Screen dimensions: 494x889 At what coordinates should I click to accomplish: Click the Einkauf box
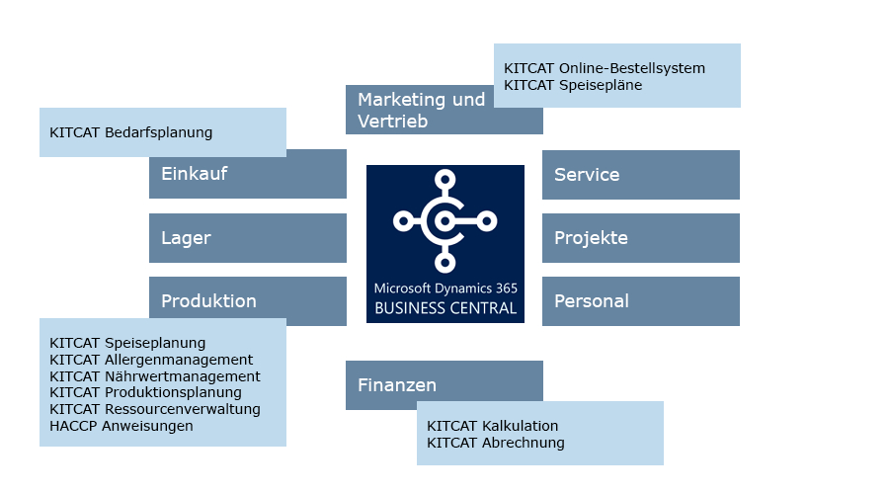click(247, 175)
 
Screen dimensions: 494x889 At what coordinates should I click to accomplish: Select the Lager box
click(247, 238)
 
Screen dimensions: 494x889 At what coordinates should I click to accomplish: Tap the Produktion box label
click(208, 301)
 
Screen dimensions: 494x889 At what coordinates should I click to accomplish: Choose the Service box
click(640, 175)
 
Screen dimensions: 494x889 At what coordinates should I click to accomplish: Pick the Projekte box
click(640, 238)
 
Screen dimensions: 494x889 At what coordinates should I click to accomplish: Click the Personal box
click(640, 301)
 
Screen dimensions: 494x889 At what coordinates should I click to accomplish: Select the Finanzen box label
click(397, 385)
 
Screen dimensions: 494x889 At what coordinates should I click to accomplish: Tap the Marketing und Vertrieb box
click(444, 110)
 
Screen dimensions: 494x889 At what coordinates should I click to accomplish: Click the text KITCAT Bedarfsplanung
click(130, 132)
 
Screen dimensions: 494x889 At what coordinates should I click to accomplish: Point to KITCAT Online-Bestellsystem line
click(605, 68)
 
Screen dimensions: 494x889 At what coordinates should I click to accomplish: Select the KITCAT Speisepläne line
click(573, 85)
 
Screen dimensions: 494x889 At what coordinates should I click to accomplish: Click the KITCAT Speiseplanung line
click(127, 343)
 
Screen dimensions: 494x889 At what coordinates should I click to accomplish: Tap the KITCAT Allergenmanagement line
click(151, 360)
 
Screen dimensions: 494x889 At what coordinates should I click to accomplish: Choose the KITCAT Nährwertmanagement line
click(155, 376)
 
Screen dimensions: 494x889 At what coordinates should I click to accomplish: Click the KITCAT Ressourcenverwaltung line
click(155, 409)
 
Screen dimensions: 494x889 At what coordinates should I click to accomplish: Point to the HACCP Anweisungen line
click(121, 426)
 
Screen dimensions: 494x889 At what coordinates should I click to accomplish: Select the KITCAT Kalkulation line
click(493, 426)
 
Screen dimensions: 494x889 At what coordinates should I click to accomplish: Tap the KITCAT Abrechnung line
click(496, 443)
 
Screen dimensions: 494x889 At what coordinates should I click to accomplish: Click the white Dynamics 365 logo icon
click(444, 220)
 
